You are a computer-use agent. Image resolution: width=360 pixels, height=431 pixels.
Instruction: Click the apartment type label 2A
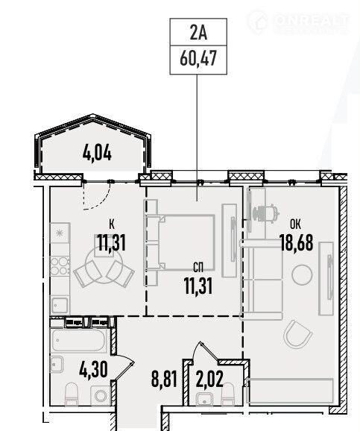coord(198,32)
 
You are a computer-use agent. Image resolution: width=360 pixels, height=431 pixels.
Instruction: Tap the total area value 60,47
coord(198,59)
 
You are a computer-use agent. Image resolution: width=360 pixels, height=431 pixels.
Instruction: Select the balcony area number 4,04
coord(97,153)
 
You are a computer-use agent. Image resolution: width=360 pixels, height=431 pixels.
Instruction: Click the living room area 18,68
coord(297,243)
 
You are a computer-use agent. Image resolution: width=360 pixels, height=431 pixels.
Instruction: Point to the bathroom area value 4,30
coord(93,370)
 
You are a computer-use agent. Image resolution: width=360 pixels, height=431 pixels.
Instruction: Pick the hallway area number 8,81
coord(164,379)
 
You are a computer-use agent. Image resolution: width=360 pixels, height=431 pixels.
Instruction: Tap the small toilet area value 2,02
coord(209,379)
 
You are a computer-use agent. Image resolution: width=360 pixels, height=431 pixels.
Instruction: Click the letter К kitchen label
coord(112,224)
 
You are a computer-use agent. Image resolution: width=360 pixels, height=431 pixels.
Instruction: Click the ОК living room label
coord(295,224)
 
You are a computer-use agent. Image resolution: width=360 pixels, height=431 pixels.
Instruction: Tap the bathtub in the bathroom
coord(78,340)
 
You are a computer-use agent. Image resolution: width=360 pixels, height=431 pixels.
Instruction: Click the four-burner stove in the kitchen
coord(60,265)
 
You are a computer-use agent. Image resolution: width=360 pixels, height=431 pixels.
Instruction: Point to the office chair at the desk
coord(265,213)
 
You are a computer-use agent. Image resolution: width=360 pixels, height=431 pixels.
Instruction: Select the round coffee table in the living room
coord(302,275)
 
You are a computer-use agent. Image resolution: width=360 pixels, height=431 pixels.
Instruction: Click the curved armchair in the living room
coord(297,335)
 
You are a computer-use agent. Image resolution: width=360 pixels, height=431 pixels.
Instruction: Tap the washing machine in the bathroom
coord(101,395)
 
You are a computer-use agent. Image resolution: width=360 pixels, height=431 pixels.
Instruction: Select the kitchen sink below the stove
coord(60,305)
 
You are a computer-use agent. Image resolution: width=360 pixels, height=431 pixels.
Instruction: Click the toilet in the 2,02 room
coord(228,394)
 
